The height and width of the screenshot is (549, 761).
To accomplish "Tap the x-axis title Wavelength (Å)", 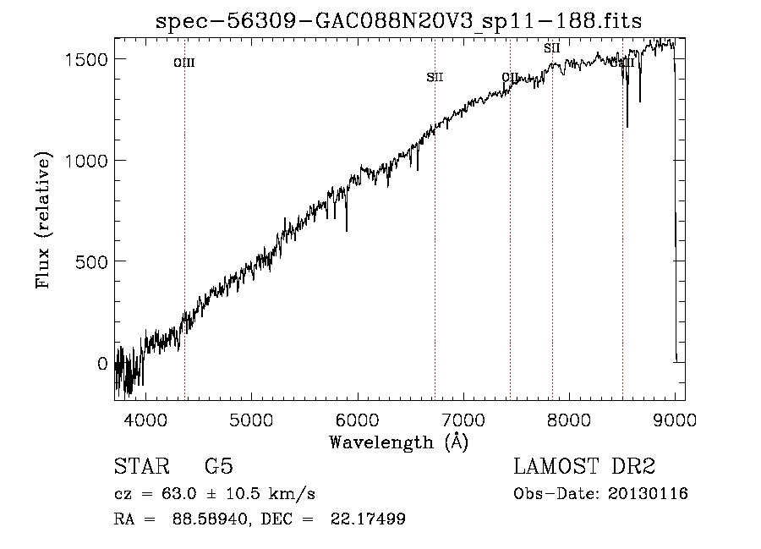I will point(398,442).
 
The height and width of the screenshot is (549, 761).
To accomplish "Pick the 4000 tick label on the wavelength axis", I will point(145,419).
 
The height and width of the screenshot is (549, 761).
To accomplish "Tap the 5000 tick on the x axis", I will point(251,419).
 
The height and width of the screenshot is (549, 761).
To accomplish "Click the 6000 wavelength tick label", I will point(358,419).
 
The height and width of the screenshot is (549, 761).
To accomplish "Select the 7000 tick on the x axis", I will point(463,419).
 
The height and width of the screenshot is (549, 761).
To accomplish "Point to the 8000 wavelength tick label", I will point(569,419).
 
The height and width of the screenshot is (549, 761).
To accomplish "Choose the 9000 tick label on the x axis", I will point(675,419).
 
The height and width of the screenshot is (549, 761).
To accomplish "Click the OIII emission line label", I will point(184,63).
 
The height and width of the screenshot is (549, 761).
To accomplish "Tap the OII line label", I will point(510,78).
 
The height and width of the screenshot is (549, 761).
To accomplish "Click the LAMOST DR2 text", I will point(584,467).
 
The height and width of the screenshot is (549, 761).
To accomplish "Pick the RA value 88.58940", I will point(205,519).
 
